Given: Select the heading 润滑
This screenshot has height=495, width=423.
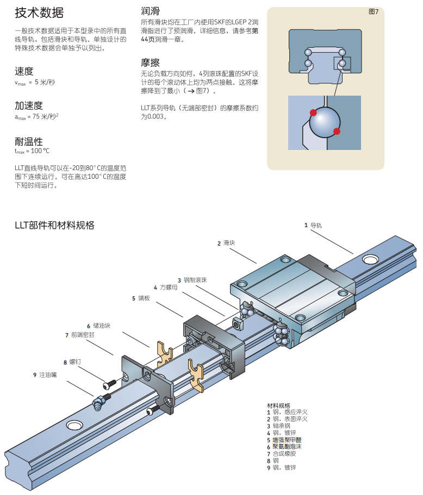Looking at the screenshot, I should click(150, 11).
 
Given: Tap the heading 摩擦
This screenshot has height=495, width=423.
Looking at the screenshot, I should click(150, 62).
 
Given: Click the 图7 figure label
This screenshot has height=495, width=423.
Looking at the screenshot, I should click(373, 12).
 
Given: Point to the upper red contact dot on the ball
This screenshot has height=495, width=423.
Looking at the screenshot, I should click(313, 112).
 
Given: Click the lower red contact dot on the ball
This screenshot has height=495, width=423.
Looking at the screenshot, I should click(337, 131).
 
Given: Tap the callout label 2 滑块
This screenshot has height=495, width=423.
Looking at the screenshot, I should click(226, 243).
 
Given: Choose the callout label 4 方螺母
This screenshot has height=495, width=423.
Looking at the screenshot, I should click(165, 287).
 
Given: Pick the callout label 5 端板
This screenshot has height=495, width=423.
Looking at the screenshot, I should click(141, 298).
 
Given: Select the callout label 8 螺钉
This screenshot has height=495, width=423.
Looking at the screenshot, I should click(72, 361).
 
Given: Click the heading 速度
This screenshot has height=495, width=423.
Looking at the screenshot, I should click(24, 71).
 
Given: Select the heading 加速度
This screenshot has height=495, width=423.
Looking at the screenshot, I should click(29, 105).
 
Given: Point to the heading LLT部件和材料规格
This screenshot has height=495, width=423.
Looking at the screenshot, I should click(54, 225).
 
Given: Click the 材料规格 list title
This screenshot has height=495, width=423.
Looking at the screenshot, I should click(278, 405).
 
